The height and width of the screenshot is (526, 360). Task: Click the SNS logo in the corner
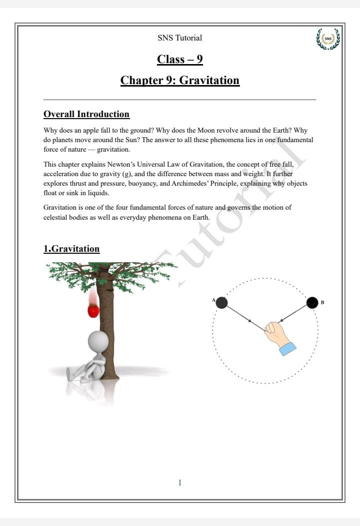click(x=328, y=39)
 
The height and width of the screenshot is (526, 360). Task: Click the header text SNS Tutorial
click(x=179, y=38)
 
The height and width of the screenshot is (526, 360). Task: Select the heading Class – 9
click(x=179, y=59)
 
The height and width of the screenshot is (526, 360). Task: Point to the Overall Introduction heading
click(x=86, y=114)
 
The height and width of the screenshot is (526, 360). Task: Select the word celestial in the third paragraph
click(x=55, y=217)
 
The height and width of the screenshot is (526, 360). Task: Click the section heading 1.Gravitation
click(x=71, y=249)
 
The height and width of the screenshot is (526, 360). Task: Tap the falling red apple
click(x=93, y=310)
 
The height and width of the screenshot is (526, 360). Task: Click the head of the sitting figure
click(x=98, y=341)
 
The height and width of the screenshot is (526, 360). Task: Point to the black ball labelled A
click(x=221, y=303)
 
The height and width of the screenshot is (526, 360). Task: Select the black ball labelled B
click(x=312, y=303)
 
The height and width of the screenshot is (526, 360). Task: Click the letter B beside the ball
click(x=322, y=302)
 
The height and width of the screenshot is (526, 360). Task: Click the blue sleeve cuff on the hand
click(x=288, y=349)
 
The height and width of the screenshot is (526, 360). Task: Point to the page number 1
click(x=180, y=482)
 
